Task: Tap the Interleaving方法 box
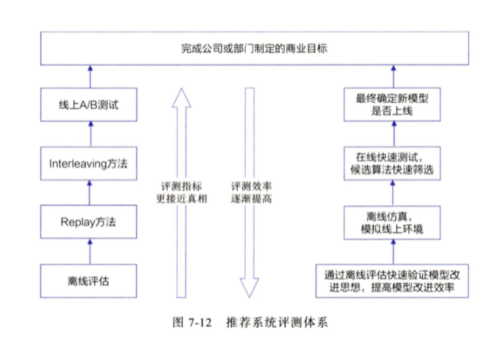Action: pos(89,163)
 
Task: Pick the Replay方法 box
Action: pos(89,223)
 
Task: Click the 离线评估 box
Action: pos(89,281)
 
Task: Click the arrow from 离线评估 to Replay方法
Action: pos(89,252)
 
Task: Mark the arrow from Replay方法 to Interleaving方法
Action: pos(89,193)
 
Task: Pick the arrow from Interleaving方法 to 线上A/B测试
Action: pos(89,134)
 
